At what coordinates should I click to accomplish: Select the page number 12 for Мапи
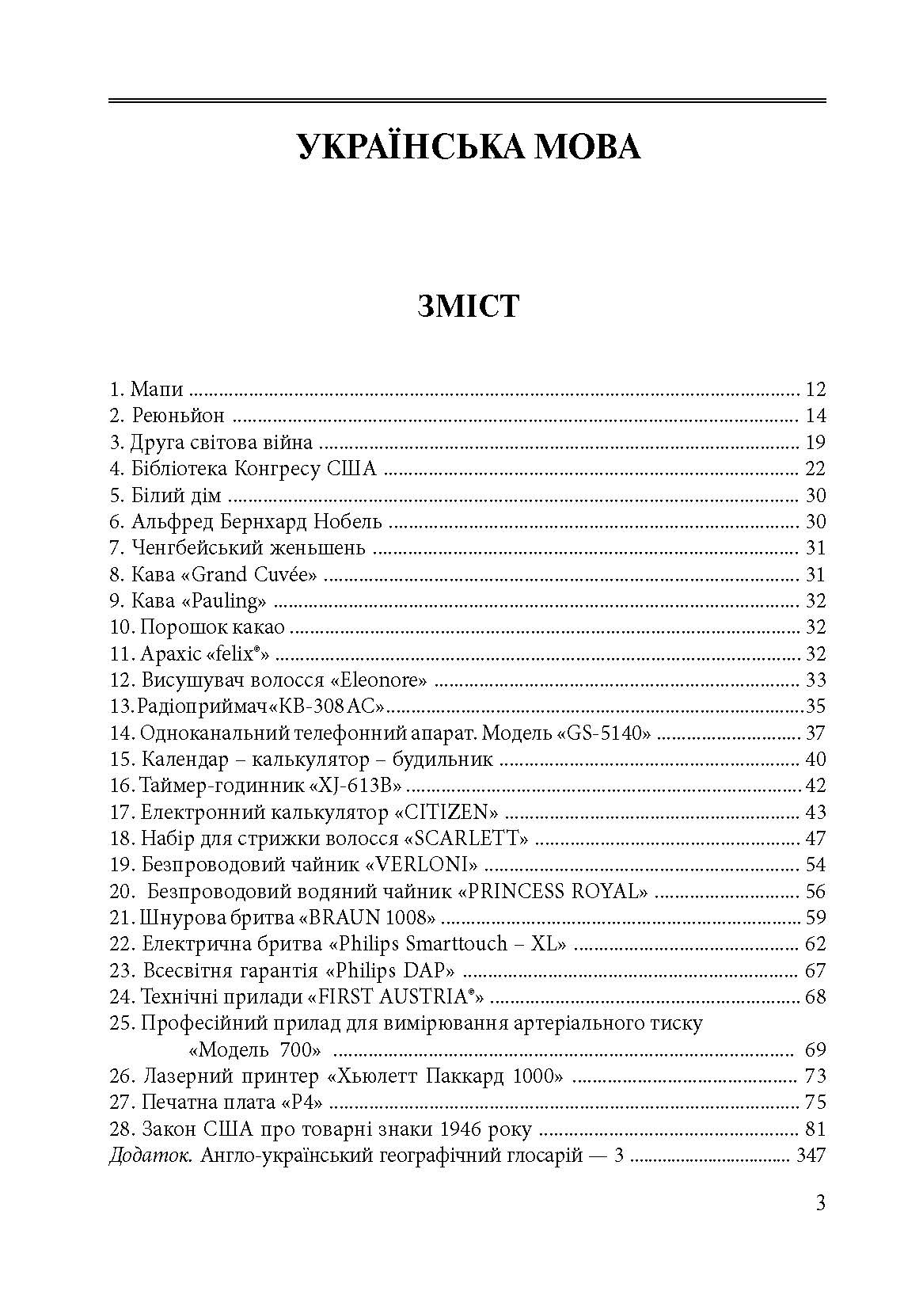pyautogui.click(x=815, y=390)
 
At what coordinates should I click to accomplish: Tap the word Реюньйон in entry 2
pyautogui.click(x=178, y=416)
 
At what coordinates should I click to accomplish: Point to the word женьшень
pyautogui.click(x=321, y=548)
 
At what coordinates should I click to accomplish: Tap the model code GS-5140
pyautogui.click(x=606, y=733)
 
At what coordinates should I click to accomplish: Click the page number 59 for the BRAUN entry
pyautogui.click(x=815, y=918)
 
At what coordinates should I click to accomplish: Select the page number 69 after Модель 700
pyautogui.click(x=815, y=1050)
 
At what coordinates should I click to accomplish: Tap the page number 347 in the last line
pyautogui.click(x=811, y=1156)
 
